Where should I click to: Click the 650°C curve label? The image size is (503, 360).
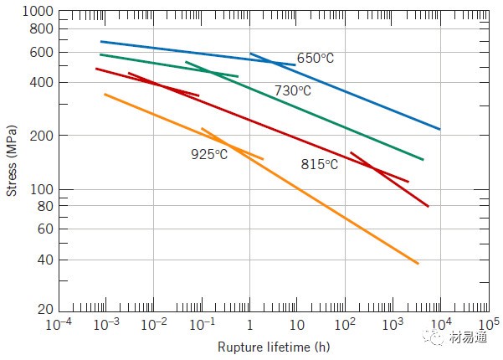coord(316,59)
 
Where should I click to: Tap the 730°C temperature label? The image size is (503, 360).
coord(292,90)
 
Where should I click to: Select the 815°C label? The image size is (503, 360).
coord(319,164)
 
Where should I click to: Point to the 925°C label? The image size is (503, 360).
coord(208,154)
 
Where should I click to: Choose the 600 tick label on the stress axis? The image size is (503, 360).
coord(43,53)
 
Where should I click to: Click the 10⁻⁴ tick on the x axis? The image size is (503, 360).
coord(58,323)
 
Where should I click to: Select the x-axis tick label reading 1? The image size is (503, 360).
coord(249,325)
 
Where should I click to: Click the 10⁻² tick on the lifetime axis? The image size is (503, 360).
coord(153,323)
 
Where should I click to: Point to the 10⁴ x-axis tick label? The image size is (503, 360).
coord(441,323)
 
